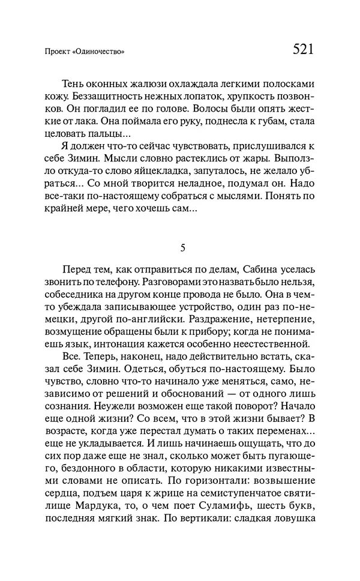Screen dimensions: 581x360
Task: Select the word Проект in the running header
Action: coord(58,52)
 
